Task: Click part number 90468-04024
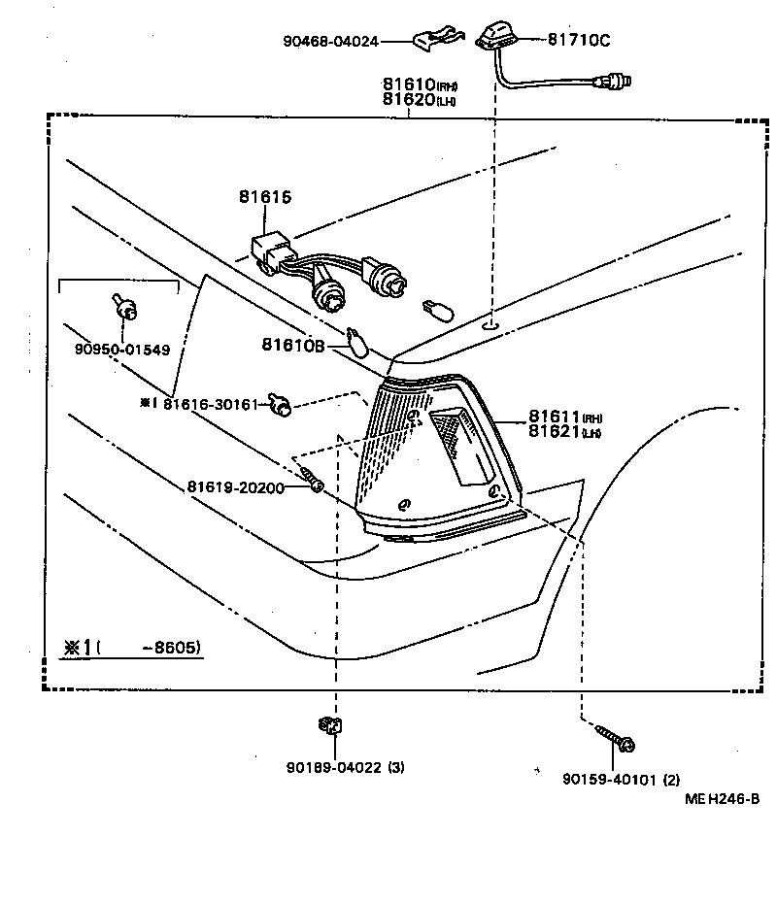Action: tap(331, 42)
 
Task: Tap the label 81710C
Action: tap(579, 41)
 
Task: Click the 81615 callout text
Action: tap(264, 197)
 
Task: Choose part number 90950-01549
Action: tap(120, 351)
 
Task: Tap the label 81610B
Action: tap(293, 345)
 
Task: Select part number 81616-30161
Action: tap(210, 404)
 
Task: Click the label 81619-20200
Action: tap(236, 487)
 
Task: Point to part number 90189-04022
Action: tap(331, 767)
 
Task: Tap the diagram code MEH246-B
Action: tap(721, 799)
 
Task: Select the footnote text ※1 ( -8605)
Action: tap(131, 648)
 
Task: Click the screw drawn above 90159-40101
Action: tap(616, 738)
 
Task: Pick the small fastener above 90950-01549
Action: tap(122, 308)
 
